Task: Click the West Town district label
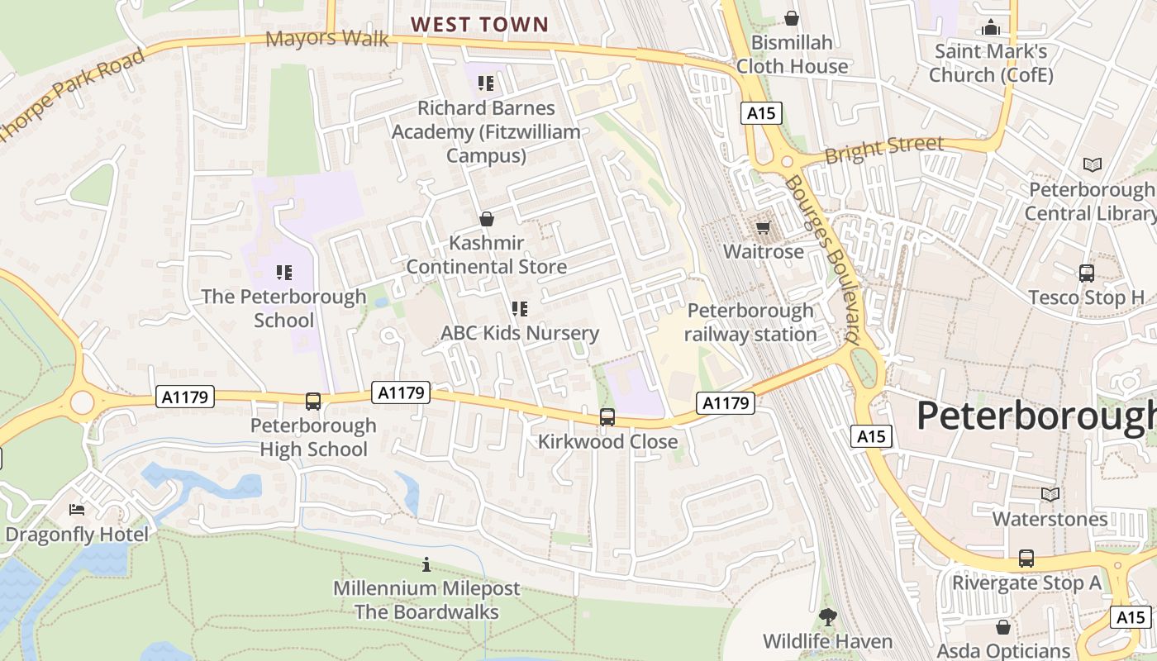(x=480, y=25)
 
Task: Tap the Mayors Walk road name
(x=327, y=38)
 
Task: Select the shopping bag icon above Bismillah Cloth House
(x=792, y=17)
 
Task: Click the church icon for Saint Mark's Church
(x=990, y=27)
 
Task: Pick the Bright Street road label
(x=883, y=149)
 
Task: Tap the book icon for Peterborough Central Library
(x=1093, y=165)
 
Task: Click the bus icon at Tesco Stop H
(x=1086, y=273)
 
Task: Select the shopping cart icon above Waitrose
(x=763, y=226)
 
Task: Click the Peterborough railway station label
(x=750, y=323)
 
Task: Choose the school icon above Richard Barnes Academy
(x=486, y=83)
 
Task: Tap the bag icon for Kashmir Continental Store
(x=487, y=219)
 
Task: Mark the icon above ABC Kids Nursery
(x=520, y=309)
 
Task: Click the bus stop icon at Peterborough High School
(x=313, y=402)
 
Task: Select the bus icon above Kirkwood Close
(x=607, y=417)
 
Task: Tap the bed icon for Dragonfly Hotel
(x=77, y=510)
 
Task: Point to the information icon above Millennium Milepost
(x=426, y=564)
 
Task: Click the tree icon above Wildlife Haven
(x=827, y=616)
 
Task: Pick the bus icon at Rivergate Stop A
(x=1026, y=559)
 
